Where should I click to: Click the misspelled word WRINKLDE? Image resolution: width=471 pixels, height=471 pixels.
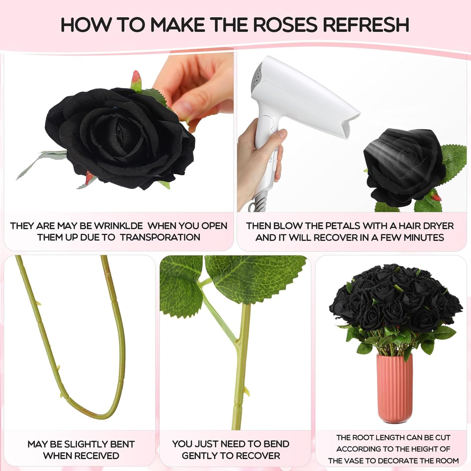(118, 226)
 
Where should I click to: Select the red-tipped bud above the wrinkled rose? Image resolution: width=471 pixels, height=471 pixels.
(136, 81)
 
